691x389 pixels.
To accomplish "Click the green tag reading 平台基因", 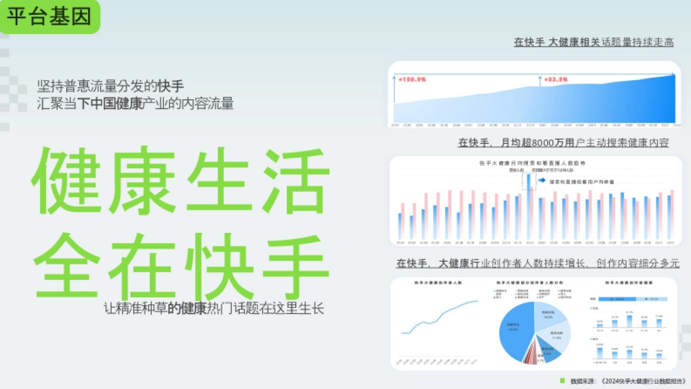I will (x=50, y=17).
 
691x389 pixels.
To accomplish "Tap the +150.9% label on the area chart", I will (x=412, y=79).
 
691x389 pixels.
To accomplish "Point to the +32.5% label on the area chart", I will (x=556, y=79).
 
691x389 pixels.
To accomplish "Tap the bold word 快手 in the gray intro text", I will (x=171, y=87).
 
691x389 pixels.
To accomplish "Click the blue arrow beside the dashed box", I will (x=542, y=180).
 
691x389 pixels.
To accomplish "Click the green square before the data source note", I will (x=563, y=380).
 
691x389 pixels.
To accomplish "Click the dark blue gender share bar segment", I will (x=617, y=299).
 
